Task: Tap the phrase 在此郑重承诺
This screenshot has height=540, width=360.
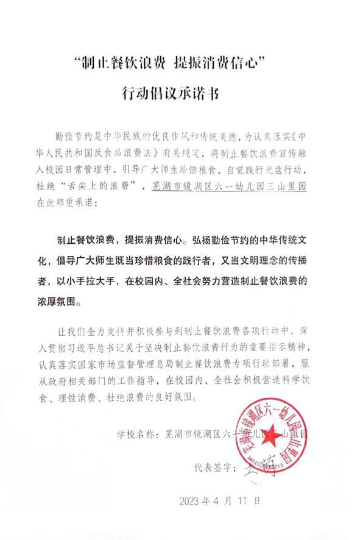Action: (68, 200)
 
